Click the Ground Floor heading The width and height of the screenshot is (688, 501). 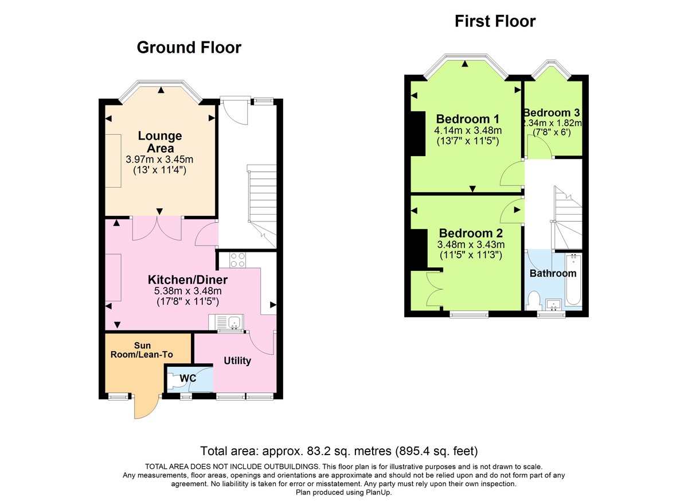189,48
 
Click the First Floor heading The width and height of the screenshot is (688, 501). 495,21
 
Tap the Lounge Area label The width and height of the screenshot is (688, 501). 159,142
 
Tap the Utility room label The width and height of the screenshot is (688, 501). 237,361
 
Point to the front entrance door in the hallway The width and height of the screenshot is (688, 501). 235,112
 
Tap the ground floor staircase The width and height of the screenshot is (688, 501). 262,201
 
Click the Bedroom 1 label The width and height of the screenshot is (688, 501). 468,119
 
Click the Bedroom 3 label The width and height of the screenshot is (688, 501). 552,113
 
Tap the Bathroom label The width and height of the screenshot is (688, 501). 552,273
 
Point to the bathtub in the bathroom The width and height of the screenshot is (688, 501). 574,281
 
